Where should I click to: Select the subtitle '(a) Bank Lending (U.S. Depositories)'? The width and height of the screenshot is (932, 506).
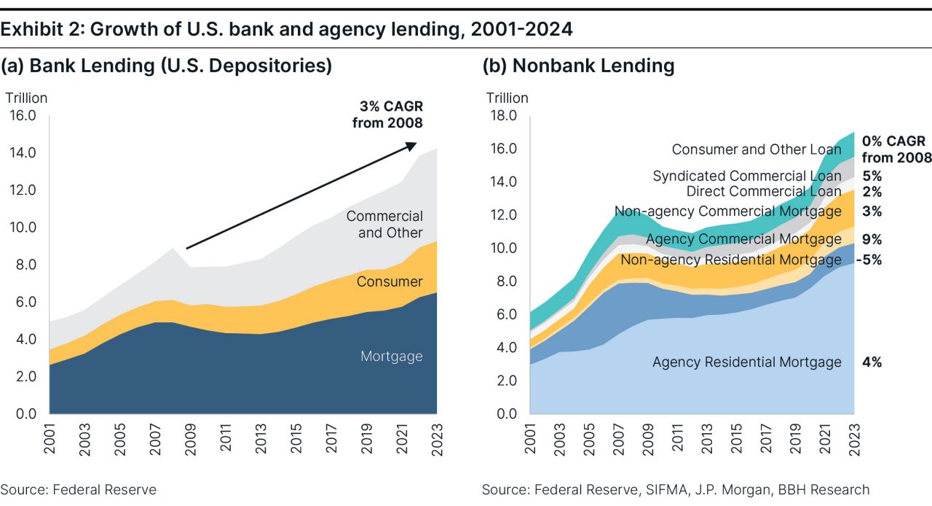pos(166,66)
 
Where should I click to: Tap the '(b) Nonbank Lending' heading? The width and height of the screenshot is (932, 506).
pos(578,66)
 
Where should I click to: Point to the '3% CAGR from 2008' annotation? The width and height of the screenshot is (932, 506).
pos(387,114)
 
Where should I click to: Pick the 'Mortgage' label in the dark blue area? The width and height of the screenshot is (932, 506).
pos(391,357)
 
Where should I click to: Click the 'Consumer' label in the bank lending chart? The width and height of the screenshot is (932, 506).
pos(390,281)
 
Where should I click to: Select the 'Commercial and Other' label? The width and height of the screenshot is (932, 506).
pos(384,225)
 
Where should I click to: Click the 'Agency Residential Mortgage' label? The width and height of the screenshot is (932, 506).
pos(746,362)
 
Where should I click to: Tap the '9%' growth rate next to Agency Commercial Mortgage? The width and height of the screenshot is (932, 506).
pos(872,239)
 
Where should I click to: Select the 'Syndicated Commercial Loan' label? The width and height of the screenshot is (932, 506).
pos(746,176)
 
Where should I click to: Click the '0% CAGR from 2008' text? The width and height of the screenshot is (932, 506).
pos(896,149)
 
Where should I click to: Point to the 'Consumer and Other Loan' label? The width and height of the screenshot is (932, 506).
pos(756,149)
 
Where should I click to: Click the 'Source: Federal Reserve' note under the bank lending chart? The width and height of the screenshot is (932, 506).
pos(78,489)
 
